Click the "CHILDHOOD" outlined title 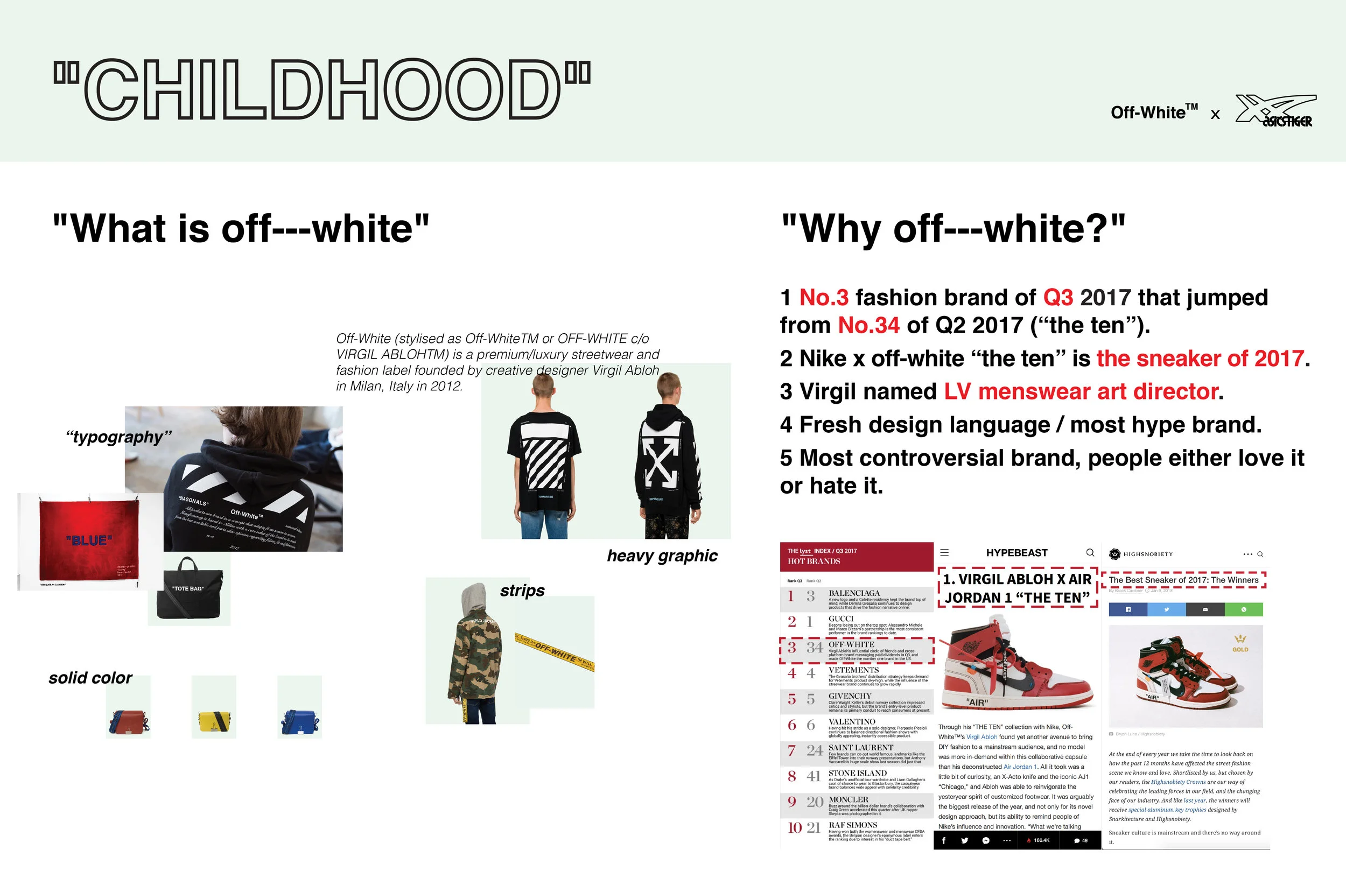[x=323, y=89]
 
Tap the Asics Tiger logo [x=1276, y=111]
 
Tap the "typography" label [x=118, y=437]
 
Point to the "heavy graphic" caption [x=662, y=556]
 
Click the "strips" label [x=522, y=591]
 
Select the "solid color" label [x=90, y=678]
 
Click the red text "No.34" [x=868, y=325]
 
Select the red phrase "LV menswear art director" [x=1081, y=391]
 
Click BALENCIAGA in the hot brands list [x=854, y=593]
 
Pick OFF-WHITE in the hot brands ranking [x=851, y=644]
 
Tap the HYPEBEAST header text [x=1016, y=552]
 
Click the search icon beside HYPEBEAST [x=1090, y=552]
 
